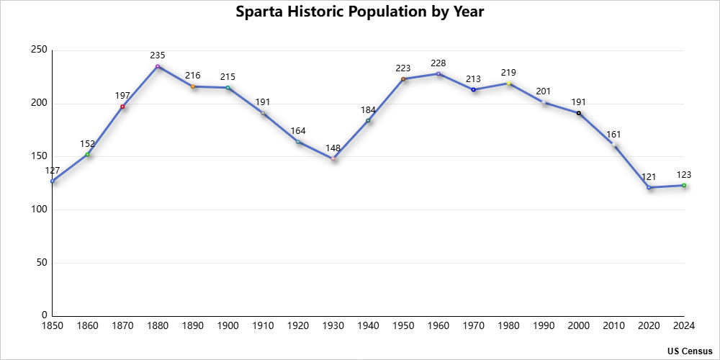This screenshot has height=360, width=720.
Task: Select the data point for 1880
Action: (x=158, y=66)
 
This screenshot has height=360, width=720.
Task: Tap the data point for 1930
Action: (x=333, y=158)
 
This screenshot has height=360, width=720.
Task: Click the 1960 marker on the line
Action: (x=438, y=73)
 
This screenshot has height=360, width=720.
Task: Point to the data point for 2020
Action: (x=649, y=187)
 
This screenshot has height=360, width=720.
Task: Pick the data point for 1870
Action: (x=122, y=107)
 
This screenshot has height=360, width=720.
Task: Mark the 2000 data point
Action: (x=579, y=113)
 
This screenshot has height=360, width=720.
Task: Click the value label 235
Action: (x=158, y=55)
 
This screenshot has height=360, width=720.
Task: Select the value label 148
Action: (x=333, y=147)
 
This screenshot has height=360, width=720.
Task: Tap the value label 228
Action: (x=438, y=63)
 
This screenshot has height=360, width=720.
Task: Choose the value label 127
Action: (x=52, y=170)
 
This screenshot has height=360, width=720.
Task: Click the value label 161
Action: (x=613, y=134)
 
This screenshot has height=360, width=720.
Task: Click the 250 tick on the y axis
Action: (x=40, y=50)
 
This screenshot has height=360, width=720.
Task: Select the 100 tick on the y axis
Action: (x=40, y=210)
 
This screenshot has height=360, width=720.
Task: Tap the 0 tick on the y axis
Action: (x=45, y=315)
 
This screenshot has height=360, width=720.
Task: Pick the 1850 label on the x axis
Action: (x=52, y=326)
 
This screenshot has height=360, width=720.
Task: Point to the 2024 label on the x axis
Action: (x=684, y=326)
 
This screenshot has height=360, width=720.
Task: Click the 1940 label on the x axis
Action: (x=368, y=326)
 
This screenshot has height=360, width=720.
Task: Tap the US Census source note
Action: (x=690, y=351)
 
